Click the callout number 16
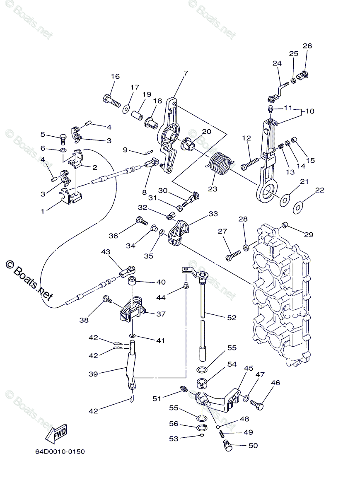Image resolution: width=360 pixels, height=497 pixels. tap(115, 76)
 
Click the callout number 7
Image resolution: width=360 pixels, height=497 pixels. tap(186, 73)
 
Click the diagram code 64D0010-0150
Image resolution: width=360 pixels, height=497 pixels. tap(60, 451)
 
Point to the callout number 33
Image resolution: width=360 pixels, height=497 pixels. tap(213, 214)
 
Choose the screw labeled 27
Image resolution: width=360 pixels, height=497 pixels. tap(234, 255)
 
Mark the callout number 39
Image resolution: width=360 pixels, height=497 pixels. tap(93, 374)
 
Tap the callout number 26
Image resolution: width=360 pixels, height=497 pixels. tap(307, 46)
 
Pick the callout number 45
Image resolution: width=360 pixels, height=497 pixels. tap(248, 368)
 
